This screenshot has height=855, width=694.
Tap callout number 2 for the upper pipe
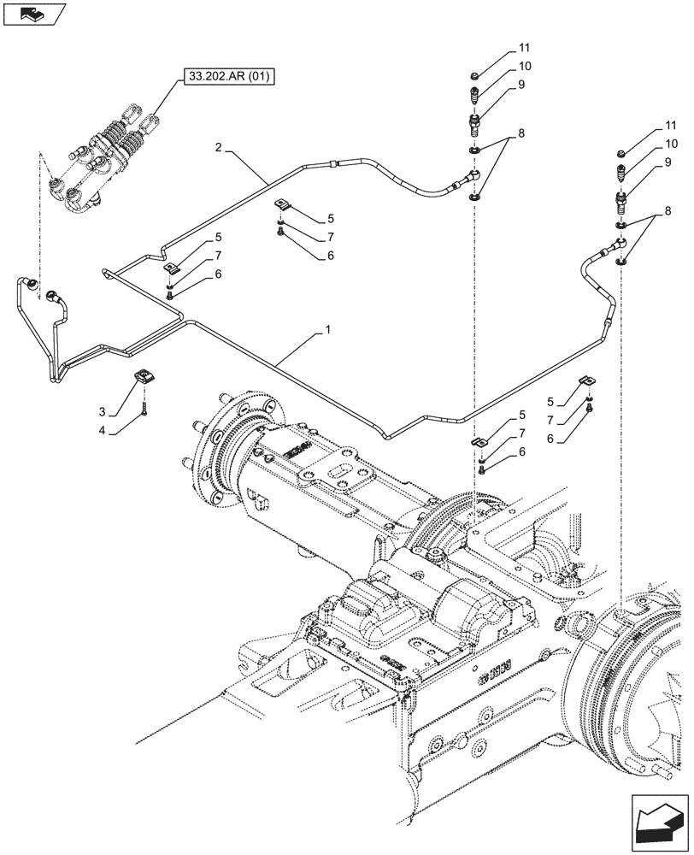(220, 148)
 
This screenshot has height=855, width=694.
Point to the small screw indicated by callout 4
(146, 410)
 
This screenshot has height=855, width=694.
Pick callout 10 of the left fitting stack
(523, 66)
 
